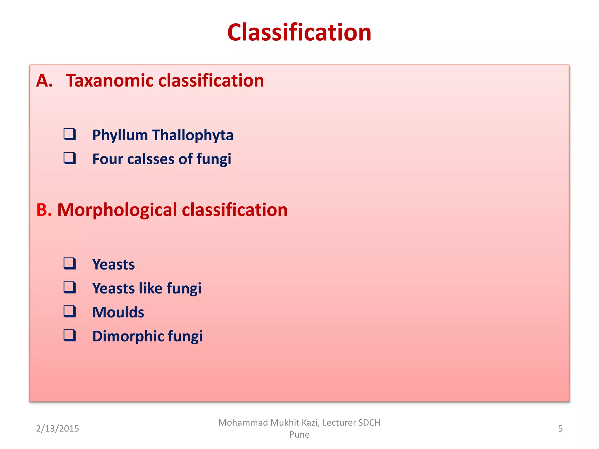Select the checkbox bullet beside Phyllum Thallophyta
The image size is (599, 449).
[x=70, y=134]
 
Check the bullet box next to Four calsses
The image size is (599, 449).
[x=70, y=158]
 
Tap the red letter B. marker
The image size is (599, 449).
[x=44, y=210]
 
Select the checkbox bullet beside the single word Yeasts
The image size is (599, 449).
[x=70, y=263]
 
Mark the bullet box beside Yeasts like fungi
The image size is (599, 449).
[x=70, y=287]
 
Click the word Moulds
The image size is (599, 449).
[x=118, y=312]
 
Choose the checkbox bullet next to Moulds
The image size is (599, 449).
[x=70, y=311]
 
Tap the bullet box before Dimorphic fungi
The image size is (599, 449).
[x=70, y=335]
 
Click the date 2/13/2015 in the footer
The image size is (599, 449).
[x=57, y=429]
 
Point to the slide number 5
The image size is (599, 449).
[x=560, y=429]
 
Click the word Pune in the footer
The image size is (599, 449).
[x=299, y=435]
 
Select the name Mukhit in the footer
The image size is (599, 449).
[x=286, y=423]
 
